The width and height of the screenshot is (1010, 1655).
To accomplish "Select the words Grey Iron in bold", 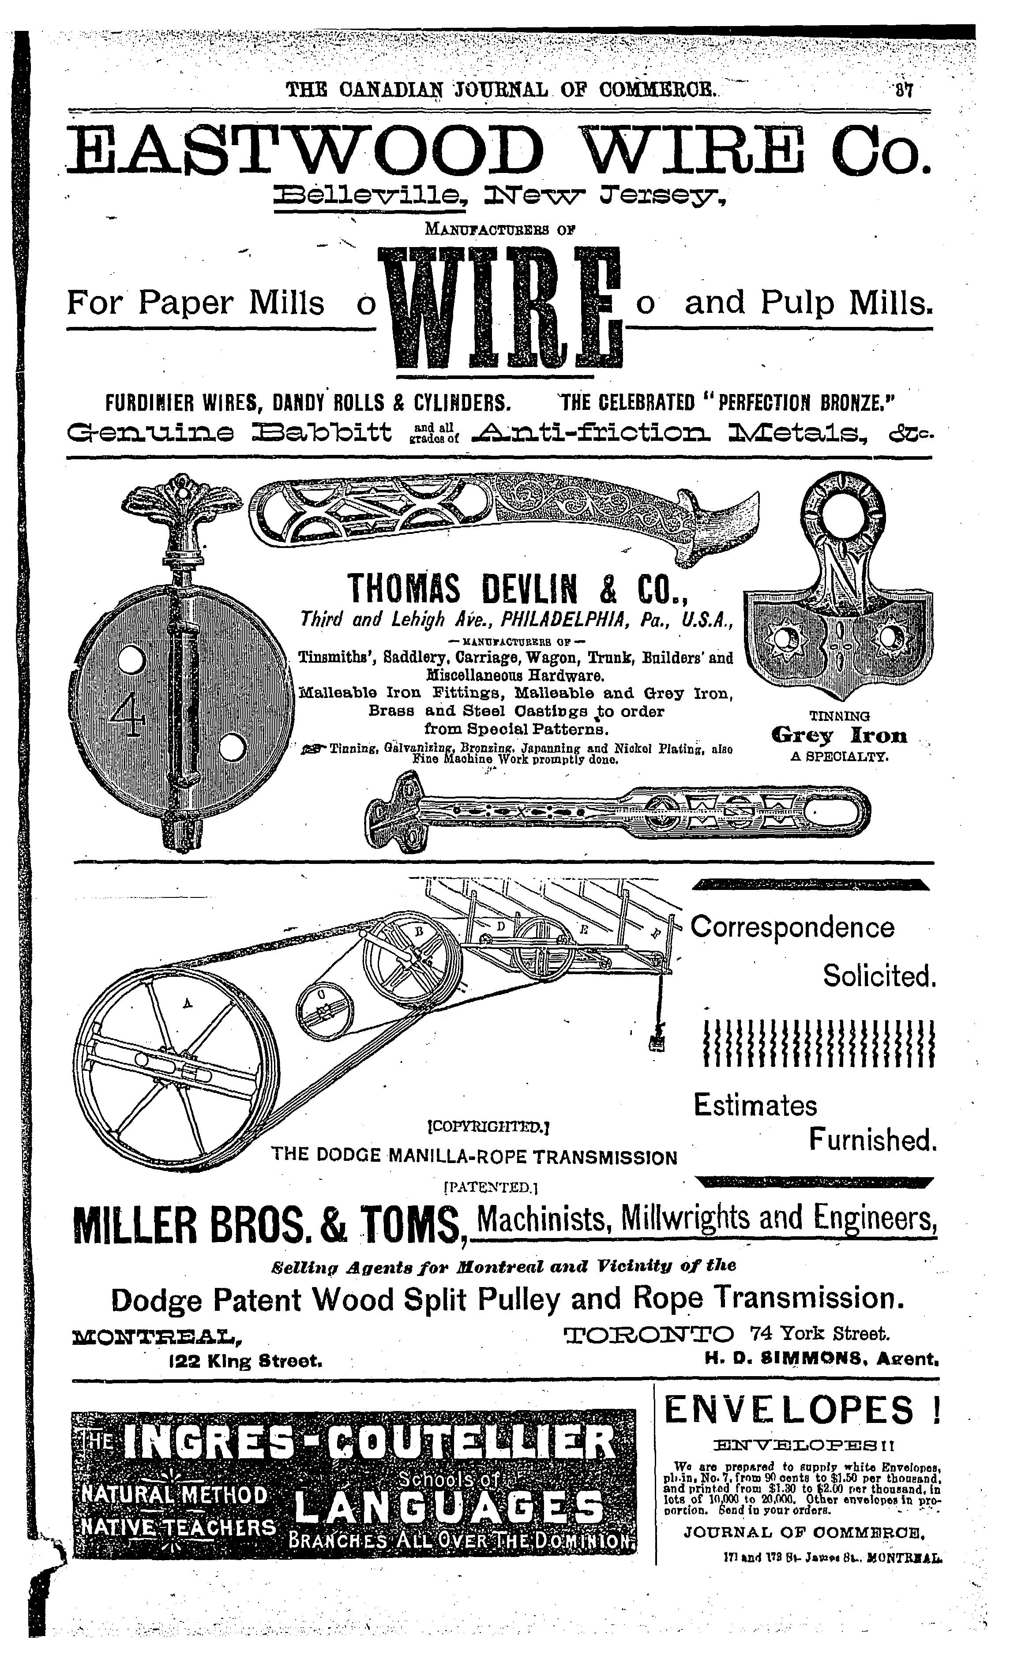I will tap(839, 736).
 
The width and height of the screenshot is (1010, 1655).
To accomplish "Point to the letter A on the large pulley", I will tap(188, 1003).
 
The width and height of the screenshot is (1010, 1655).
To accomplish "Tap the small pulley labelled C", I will tap(324, 1010).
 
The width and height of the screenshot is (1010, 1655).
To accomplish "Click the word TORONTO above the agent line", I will tap(650, 1333).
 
